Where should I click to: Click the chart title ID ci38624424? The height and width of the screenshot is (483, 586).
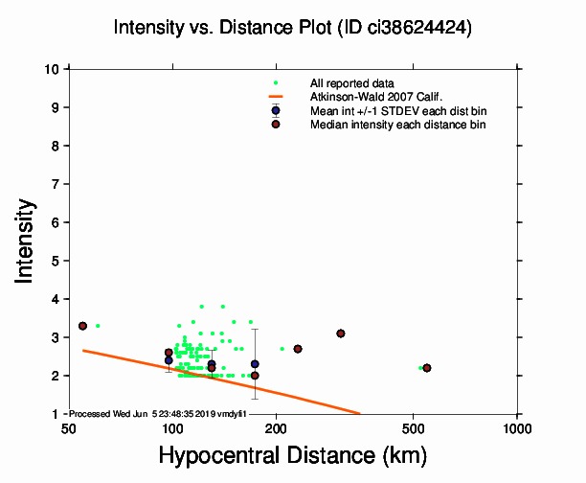pyautogui.click(x=292, y=28)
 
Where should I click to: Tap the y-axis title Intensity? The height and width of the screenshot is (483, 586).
pyautogui.click(x=27, y=241)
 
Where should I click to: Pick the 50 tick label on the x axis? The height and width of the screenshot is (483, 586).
pyautogui.click(x=68, y=427)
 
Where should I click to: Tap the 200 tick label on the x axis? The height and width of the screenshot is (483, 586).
pyautogui.click(x=277, y=427)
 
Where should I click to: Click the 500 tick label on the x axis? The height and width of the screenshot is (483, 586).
pyautogui.click(x=414, y=427)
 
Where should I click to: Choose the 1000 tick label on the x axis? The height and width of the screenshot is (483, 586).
pyautogui.click(x=517, y=427)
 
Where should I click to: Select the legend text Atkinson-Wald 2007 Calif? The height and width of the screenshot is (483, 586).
pyautogui.click(x=369, y=97)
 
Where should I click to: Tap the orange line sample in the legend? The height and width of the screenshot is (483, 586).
pyautogui.click(x=276, y=97)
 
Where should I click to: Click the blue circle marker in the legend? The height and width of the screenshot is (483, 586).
pyautogui.click(x=276, y=110)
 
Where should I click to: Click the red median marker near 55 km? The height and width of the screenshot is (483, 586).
pyautogui.click(x=82, y=326)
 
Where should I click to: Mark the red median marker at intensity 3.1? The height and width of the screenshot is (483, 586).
pyautogui.click(x=340, y=333)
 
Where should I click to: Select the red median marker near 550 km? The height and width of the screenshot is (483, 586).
pyautogui.click(x=427, y=368)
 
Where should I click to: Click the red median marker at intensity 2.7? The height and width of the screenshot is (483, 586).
pyautogui.click(x=298, y=349)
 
